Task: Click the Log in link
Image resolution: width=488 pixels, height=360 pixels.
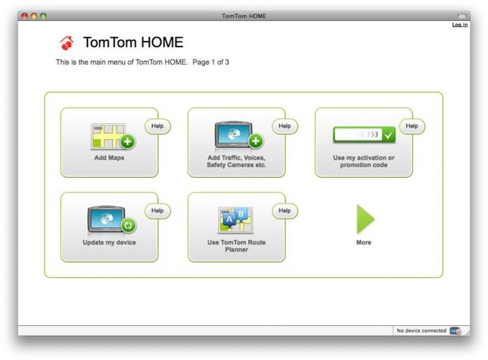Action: coord(460,24)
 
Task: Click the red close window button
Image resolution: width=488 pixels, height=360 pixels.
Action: coord(24,16)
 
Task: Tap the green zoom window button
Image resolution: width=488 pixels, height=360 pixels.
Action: coord(43,16)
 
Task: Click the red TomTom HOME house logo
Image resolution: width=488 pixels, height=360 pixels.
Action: coord(67,43)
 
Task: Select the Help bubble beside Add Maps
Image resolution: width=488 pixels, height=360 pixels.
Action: coord(157,126)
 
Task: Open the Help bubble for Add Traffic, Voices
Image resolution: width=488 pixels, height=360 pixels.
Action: coord(285,126)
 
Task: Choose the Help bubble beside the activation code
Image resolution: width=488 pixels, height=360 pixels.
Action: coord(412,126)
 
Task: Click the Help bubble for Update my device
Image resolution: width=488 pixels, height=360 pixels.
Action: coord(157,211)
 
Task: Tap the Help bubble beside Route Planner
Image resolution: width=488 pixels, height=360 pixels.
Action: coord(285,211)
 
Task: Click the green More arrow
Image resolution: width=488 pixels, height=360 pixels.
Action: coord(364,219)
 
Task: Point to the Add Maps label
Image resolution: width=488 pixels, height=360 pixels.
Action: coord(109,158)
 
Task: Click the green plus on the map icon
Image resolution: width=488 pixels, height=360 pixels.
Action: coord(128,142)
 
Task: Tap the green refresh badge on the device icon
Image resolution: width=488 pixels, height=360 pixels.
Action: coord(129,225)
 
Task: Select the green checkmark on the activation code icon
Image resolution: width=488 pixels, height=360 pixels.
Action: coord(388,135)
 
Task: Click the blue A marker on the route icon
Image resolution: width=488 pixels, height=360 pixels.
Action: coord(229,219)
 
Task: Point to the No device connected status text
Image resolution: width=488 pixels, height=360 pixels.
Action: coord(421,330)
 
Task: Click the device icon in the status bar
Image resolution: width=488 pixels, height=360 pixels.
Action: coord(456,331)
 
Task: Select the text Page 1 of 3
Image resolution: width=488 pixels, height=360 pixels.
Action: coord(211,62)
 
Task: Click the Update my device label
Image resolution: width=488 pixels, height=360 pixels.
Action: coord(109,242)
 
